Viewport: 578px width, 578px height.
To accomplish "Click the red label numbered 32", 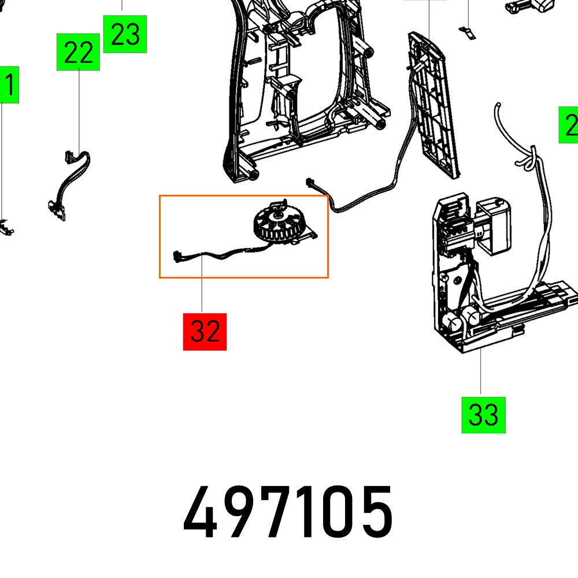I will pos(205,332).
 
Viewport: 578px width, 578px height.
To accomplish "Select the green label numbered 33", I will pos(483,414).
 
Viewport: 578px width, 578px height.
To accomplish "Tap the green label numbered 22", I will pos(78,53).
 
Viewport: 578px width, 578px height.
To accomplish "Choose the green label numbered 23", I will pos(125,34).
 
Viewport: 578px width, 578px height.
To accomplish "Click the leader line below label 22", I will pos(79,110).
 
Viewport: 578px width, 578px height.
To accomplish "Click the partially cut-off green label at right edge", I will pos(569,125).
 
